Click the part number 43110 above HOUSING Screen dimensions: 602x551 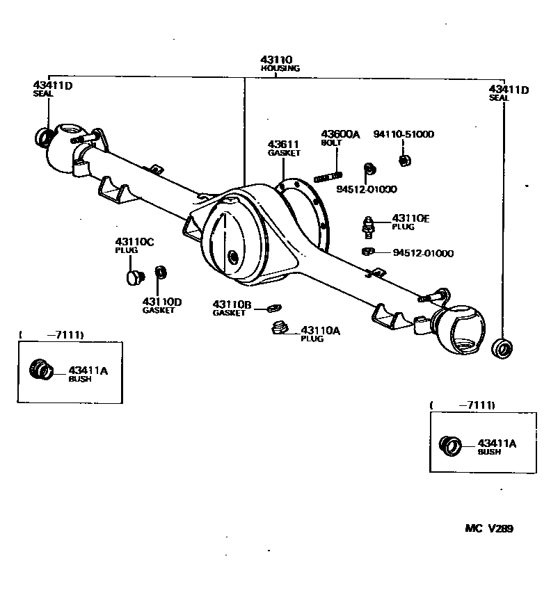[x=276, y=60]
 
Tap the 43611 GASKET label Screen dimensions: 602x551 [x=285, y=147]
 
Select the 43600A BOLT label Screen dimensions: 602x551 [x=340, y=137]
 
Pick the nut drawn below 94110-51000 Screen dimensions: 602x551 [x=403, y=161]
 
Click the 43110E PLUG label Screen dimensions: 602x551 [x=410, y=222]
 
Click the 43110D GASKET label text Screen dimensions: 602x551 [x=162, y=305]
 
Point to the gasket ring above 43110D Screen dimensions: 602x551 [x=159, y=272]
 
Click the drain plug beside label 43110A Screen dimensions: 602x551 [x=280, y=328]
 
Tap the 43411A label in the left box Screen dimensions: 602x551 [x=88, y=374]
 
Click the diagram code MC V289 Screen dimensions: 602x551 [x=489, y=528]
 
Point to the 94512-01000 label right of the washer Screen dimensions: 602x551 [x=423, y=253]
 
